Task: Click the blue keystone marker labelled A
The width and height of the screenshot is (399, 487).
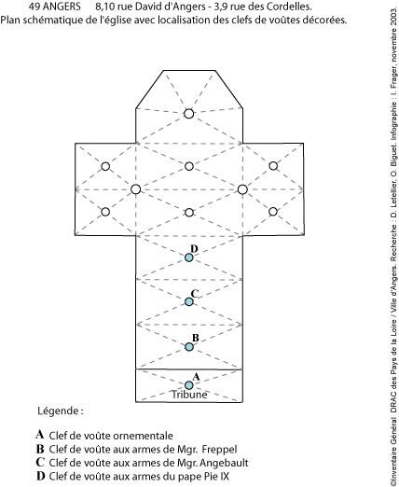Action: click(188, 385)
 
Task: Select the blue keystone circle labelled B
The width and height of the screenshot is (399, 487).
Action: click(189, 347)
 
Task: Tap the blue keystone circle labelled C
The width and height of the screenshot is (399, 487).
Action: click(188, 301)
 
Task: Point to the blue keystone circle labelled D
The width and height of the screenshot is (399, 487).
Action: click(188, 257)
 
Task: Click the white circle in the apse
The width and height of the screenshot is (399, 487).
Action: click(188, 114)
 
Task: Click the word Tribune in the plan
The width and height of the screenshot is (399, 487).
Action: click(189, 395)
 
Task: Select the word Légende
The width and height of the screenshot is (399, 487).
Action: click(59, 411)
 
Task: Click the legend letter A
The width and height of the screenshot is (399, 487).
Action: click(40, 435)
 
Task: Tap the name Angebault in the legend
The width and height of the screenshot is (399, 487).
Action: click(224, 463)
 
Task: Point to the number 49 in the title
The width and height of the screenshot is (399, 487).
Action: click(34, 7)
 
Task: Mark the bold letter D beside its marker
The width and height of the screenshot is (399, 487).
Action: click(194, 249)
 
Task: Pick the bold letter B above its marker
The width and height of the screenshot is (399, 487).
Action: click(195, 338)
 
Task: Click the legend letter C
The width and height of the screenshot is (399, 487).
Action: click(40, 462)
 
